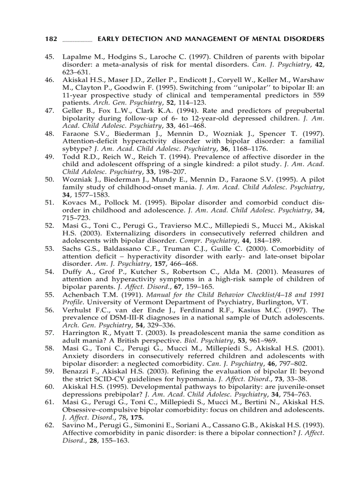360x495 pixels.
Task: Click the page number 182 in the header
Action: coord(51,39)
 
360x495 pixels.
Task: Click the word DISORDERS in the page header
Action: coord(305,39)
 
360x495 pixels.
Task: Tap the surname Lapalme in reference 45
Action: coord(76,57)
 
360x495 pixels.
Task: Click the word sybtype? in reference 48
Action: coord(77,149)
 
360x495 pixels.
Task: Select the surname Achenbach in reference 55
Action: coord(81,294)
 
